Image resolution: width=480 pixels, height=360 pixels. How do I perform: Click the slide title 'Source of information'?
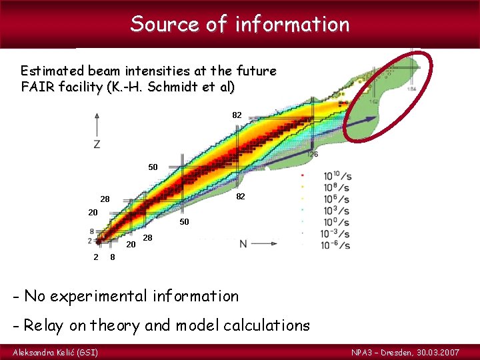click(x=240, y=25)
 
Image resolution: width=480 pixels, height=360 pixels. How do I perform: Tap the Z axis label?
click(x=97, y=144)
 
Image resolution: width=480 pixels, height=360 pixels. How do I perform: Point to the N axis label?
click(x=244, y=244)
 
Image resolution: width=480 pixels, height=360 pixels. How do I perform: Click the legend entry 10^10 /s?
click(x=337, y=176)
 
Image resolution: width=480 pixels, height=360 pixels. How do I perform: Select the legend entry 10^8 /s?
click(x=337, y=187)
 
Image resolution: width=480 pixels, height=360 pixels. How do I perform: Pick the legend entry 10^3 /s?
click(x=337, y=210)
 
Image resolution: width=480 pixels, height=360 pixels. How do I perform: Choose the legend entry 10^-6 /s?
click(x=336, y=245)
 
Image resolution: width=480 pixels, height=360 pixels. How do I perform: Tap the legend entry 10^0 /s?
click(x=337, y=221)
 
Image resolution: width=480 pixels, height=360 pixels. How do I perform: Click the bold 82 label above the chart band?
click(x=237, y=115)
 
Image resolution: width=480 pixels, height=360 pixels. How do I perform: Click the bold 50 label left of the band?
click(x=153, y=167)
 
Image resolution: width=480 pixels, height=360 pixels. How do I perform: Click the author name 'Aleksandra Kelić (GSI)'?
click(x=55, y=351)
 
